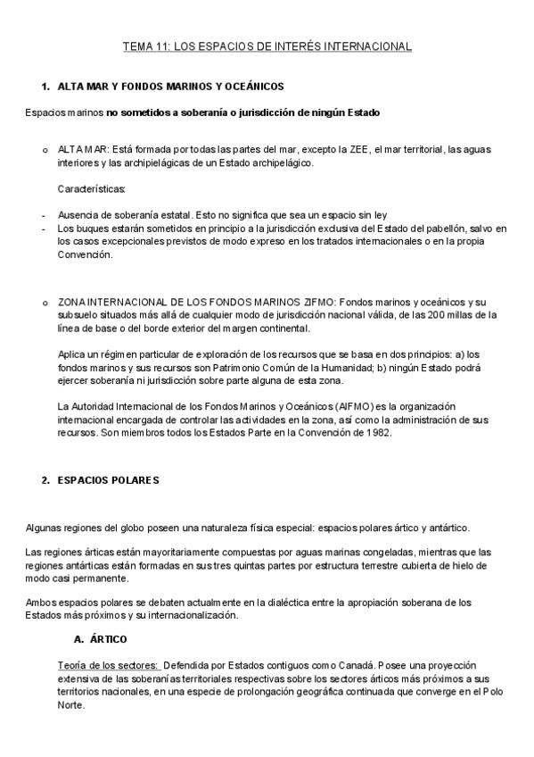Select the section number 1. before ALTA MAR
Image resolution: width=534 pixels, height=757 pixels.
(45, 87)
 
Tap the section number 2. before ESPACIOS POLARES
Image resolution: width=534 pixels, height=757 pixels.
(45, 480)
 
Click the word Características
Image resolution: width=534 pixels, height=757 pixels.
(92, 189)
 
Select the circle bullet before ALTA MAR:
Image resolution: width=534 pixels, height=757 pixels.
(45, 149)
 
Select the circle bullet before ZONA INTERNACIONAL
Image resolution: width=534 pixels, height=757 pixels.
(45, 303)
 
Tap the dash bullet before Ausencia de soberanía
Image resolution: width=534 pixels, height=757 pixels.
(44, 215)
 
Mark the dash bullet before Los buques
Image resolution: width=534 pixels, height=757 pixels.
(44, 229)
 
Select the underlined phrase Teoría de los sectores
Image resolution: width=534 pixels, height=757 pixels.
(108, 666)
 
